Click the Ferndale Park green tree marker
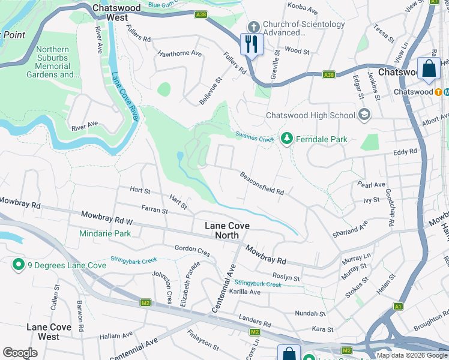(x=287, y=139)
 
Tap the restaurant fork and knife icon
(x=251, y=44)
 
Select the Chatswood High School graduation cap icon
(x=363, y=114)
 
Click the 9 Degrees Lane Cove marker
(x=18, y=264)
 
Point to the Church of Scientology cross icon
(x=253, y=27)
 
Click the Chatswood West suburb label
(x=116, y=13)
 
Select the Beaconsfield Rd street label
(x=262, y=184)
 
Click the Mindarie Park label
(x=106, y=233)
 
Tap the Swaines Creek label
(x=255, y=137)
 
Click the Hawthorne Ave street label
(x=179, y=53)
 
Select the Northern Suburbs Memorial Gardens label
(x=52, y=62)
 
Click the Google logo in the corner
(x=20, y=353)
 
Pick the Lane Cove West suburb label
(x=52, y=332)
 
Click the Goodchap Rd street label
(x=390, y=206)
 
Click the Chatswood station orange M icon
(x=439, y=92)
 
